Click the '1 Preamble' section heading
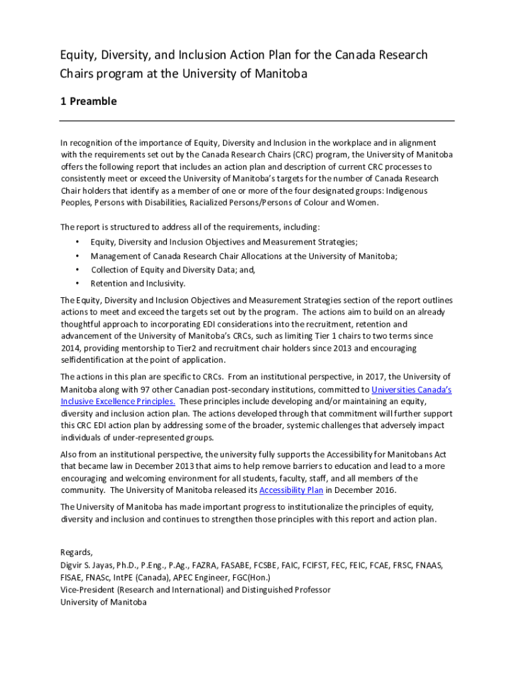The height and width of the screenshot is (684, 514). pos(88,102)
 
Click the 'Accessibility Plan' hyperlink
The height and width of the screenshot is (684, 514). pos(291,490)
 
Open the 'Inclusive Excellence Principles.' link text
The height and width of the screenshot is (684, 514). pos(118,401)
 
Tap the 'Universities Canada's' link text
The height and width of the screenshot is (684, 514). pos(411,389)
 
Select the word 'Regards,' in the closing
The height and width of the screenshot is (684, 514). pos(77,552)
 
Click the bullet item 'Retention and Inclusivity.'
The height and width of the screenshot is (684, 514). pos(138,283)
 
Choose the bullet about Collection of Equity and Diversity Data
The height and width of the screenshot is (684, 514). pos(174,270)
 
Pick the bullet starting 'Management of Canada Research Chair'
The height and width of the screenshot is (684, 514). pos(244,256)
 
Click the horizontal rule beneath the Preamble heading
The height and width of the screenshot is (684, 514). pos(257,121)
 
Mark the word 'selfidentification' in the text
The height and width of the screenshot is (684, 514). pos(92,361)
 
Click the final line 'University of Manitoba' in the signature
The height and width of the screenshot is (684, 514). pos(103,602)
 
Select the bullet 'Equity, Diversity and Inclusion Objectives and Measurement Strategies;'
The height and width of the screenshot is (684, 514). pos(224,242)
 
